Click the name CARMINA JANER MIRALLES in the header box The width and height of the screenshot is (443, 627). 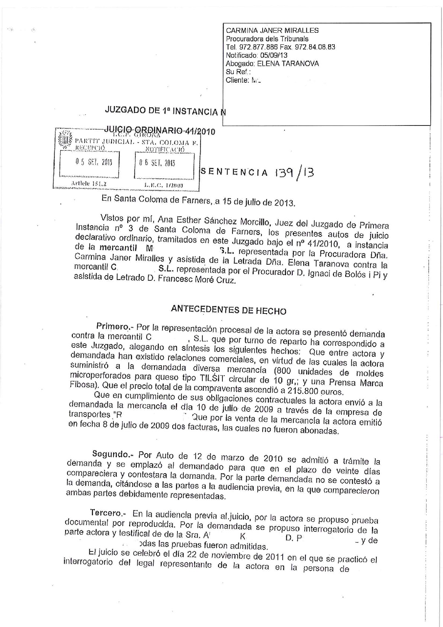272,31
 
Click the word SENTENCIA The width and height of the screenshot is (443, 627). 234,172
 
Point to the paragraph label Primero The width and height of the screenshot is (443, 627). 112,327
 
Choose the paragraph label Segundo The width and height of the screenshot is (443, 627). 110,454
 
